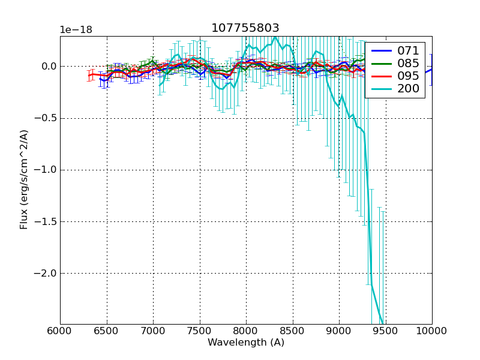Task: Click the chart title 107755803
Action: (x=245, y=28)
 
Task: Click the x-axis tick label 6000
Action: (x=60, y=331)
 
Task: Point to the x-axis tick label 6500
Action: (x=107, y=331)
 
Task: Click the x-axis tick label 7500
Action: (x=200, y=331)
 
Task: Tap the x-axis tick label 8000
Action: (x=246, y=331)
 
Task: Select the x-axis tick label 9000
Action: (x=339, y=331)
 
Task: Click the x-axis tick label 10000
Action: (x=432, y=331)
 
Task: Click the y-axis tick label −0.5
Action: (x=46, y=118)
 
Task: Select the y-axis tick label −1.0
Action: (x=46, y=170)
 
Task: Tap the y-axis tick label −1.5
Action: (x=46, y=221)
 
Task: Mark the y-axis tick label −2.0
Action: (x=46, y=273)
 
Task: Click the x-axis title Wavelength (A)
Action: (x=246, y=343)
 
